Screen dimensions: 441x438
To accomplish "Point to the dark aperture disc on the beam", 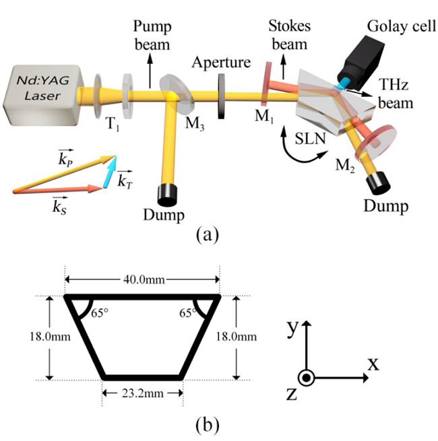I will pos(221,96).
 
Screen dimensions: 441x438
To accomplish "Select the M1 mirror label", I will pos(267,120).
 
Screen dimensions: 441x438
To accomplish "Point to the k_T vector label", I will pos(125,180).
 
